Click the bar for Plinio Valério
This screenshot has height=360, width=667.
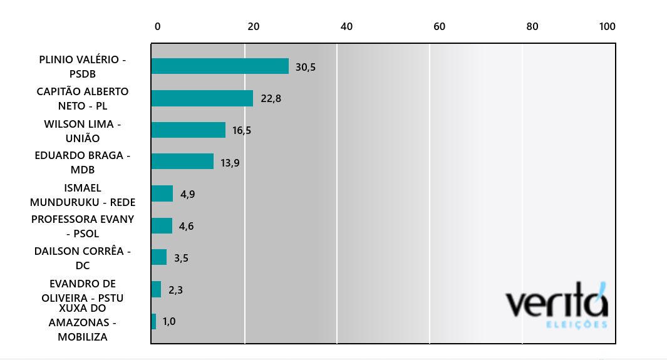[x=220, y=66]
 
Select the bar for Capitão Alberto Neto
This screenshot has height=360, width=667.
[x=202, y=98]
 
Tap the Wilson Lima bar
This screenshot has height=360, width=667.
[x=189, y=130]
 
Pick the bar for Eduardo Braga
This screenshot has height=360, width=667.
[x=182, y=162]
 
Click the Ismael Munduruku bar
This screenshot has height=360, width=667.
[x=162, y=193]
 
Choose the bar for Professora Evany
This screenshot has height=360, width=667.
[x=162, y=225]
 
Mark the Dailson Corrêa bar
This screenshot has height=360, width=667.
[x=159, y=257]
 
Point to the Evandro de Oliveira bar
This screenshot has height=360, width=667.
[x=156, y=289]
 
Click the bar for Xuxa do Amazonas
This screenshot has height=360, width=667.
[x=153, y=321]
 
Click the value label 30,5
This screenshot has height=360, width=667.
[x=306, y=67]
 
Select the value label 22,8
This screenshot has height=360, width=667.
[x=271, y=98]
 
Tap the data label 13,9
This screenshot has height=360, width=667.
[x=230, y=163]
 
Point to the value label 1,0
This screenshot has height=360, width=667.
[x=169, y=321]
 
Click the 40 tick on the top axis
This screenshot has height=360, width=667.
[x=347, y=26]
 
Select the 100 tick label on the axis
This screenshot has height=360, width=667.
[x=608, y=26]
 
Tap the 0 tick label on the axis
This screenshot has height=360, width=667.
[x=157, y=26]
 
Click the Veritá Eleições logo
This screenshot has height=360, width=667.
[x=556, y=305]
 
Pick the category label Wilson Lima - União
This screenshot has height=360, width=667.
[x=83, y=131]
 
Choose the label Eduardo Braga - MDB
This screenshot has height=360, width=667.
[x=83, y=162]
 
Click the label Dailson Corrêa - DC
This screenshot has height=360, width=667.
[x=83, y=258]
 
